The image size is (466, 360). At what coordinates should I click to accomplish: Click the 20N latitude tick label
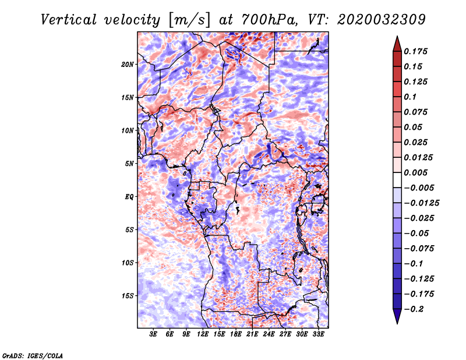point(128,65)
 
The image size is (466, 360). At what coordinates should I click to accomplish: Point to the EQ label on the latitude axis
point(129,197)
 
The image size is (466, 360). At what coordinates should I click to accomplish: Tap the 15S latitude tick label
point(128,296)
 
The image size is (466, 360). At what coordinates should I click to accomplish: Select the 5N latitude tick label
point(129,164)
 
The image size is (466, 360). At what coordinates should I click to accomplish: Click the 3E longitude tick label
point(153,334)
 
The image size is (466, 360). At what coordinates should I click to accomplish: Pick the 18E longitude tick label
point(236,334)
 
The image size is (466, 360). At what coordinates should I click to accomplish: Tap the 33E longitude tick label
point(318,334)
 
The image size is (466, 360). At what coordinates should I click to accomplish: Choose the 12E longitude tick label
point(203,334)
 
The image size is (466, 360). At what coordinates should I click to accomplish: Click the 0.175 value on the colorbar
point(415,51)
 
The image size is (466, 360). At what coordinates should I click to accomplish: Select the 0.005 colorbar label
point(415,172)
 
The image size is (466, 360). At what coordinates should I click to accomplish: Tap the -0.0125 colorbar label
point(421,203)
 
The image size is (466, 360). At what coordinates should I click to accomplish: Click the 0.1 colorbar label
point(410,97)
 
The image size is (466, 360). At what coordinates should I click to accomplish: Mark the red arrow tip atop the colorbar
point(397,36)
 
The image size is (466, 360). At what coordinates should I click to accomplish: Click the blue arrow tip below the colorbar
point(397,323)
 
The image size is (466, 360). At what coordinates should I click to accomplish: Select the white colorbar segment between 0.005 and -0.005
point(397,180)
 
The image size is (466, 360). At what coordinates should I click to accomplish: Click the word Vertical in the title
point(69,20)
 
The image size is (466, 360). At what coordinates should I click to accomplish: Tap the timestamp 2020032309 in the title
point(382,20)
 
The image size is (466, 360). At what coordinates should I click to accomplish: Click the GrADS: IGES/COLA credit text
point(33,355)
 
